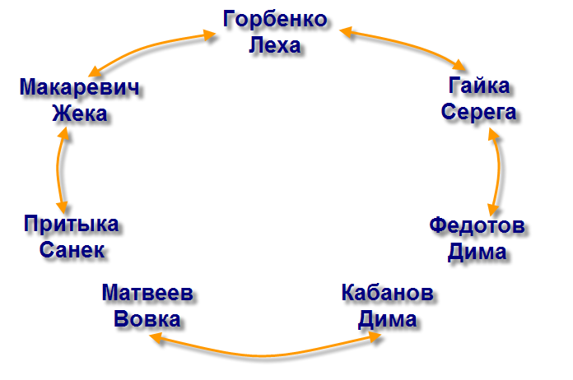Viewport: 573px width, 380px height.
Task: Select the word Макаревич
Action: tap(79, 87)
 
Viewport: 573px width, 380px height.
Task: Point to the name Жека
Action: tap(79, 113)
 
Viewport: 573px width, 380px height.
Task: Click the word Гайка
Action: tap(479, 86)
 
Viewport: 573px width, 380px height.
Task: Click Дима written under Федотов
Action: tap(477, 251)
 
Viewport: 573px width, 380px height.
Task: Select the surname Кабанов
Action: tap(387, 294)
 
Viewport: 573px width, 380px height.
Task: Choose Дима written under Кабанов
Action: tap(387, 319)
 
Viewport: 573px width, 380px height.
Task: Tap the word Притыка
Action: tap(71, 224)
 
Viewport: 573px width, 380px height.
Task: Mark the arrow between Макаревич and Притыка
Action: tap(58, 169)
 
